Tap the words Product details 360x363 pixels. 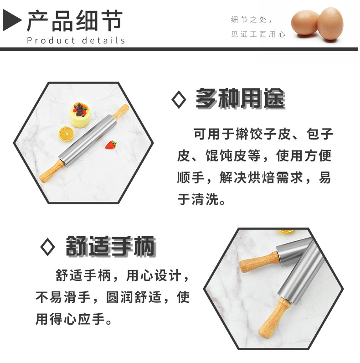(x=76, y=41)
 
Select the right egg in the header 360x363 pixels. (x=330, y=24)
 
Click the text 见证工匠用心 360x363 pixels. (x=258, y=35)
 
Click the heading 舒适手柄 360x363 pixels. (x=110, y=247)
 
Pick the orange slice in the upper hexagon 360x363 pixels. (x=66, y=134)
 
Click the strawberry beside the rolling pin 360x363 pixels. (x=111, y=145)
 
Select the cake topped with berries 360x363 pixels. (x=81, y=115)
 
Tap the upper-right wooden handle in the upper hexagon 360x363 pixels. (x=121, y=111)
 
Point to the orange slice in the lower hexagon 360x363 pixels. (x=286, y=231)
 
